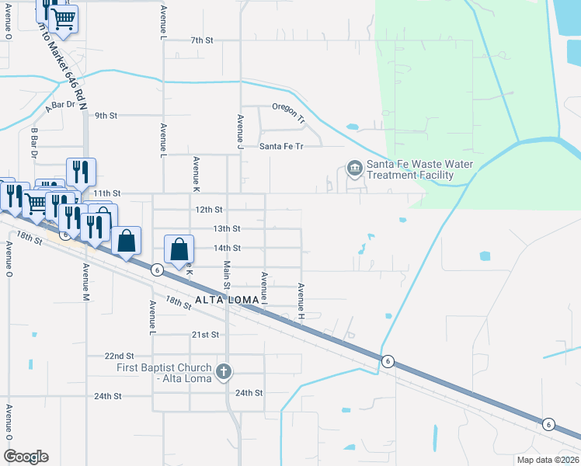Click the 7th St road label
pyautogui.click(x=201, y=40)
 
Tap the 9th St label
pyautogui.click(x=106, y=115)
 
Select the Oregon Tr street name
pyautogui.click(x=288, y=112)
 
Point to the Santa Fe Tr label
pyautogui.click(x=280, y=146)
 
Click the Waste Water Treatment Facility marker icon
pyautogui.click(x=354, y=169)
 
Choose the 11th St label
pyautogui.click(x=107, y=193)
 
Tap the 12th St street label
pyautogui.click(x=209, y=210)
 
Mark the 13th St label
pyautogui.click(x=227, y=229)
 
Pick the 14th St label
pyautogui.click(x=227, y=248)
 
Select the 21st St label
pyautogui.click(x=206, y=334)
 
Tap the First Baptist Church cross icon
pyautogui.click(x=224, y=370)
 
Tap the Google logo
pyautogui.click(x=26, y=456)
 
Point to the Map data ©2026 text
pyautogui.click(x=547, y=460)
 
